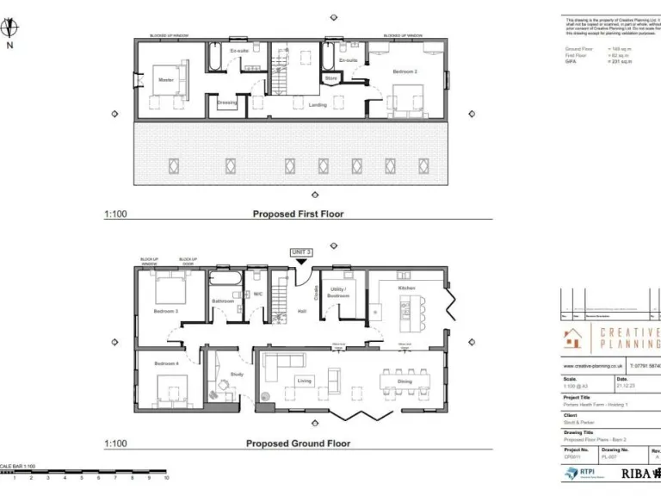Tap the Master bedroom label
point(166,80)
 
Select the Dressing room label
point(226,103)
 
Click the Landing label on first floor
point(317,104)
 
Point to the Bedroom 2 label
point(405,71)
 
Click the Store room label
point(330,78)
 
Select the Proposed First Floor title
point(297,214)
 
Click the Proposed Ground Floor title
point(298,443)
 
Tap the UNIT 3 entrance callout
point(300,251)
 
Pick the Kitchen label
point(406,287)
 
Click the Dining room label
point(405,381)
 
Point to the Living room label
point(305,380)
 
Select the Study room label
point(236,374)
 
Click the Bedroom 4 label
point(166,363)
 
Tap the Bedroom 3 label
point(166,310)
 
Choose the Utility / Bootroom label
point(337,293)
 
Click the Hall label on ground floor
point(302,312)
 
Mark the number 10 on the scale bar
point(165,477)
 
